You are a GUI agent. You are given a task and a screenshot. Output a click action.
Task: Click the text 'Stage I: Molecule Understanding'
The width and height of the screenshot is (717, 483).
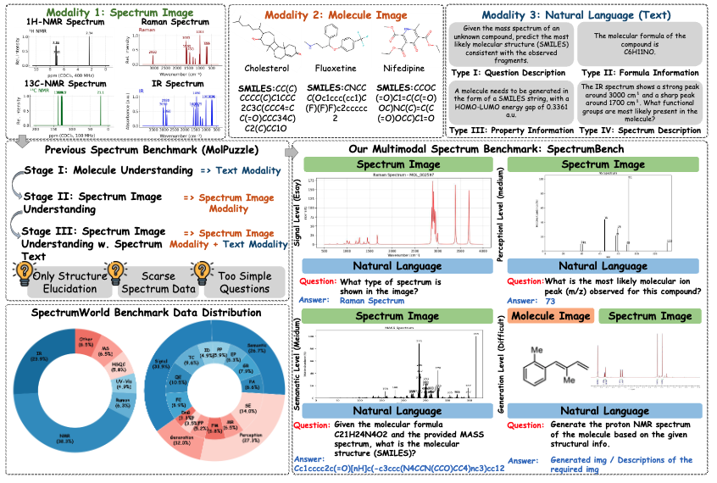[108, 169]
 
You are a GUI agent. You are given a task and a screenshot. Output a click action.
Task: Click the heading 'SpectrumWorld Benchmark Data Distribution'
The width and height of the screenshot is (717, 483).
[141, 312]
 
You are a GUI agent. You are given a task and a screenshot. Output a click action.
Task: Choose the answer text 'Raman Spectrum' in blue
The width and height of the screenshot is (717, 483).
[372, 301]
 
